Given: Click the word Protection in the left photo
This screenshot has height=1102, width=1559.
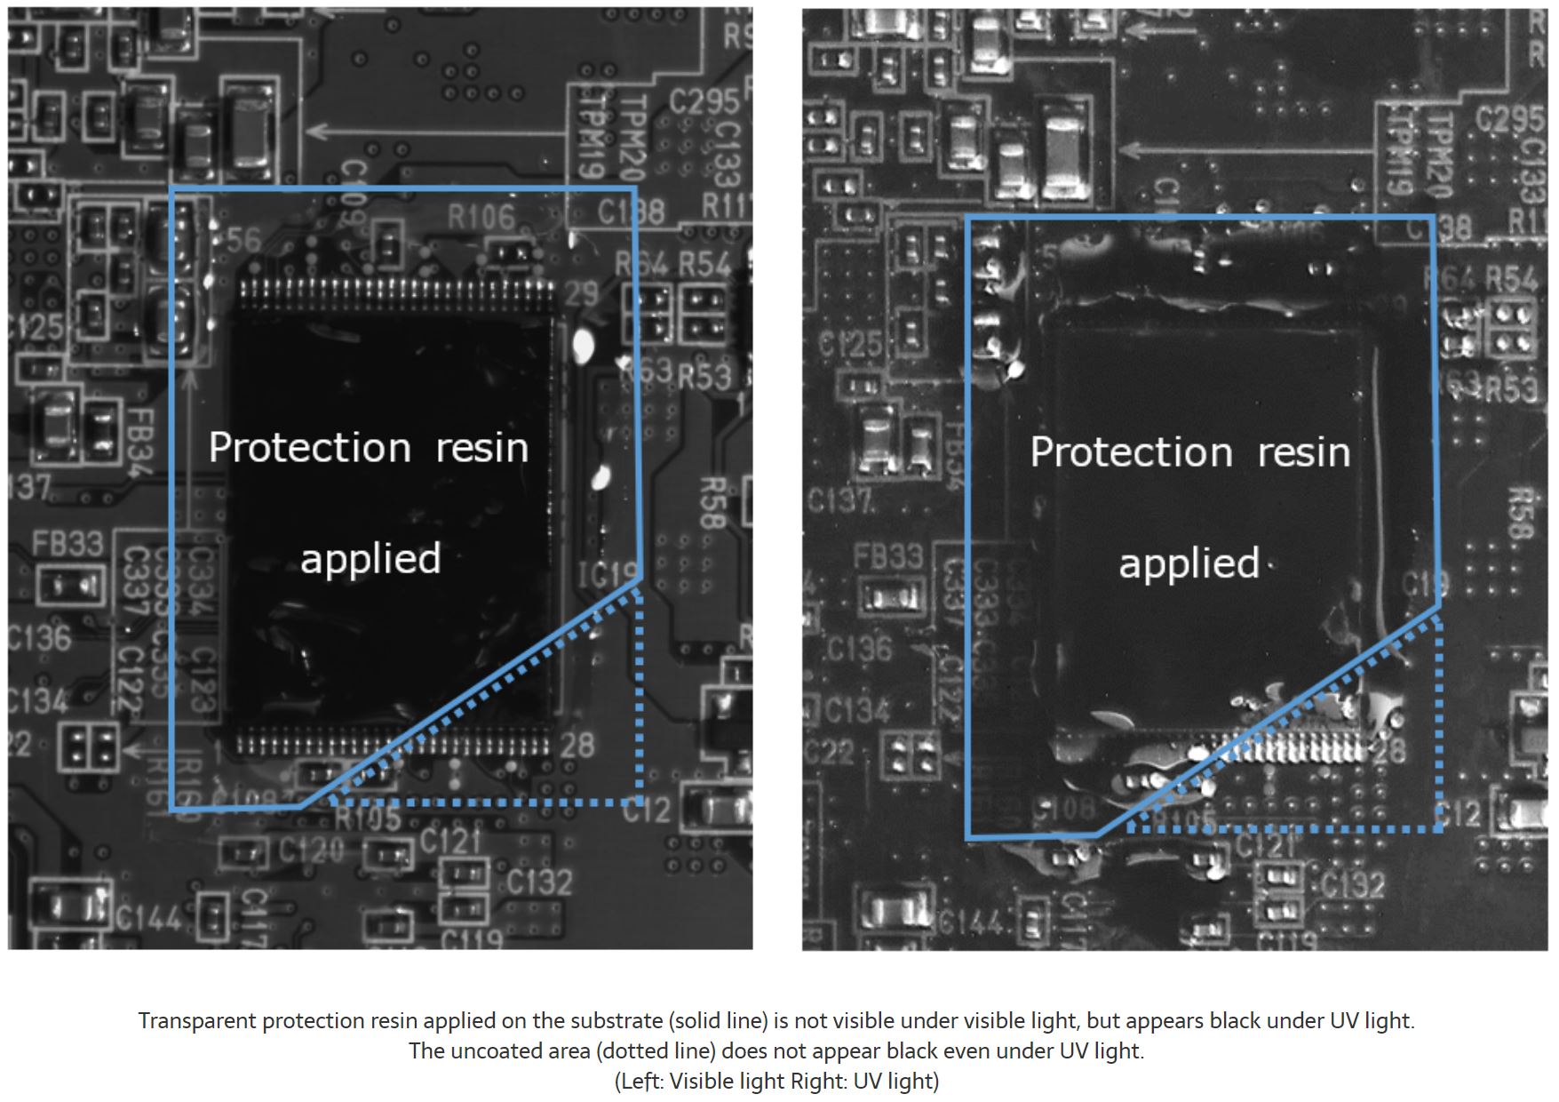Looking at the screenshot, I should click(309, 448).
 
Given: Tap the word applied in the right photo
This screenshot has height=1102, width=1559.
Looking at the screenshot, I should click(1189, 564).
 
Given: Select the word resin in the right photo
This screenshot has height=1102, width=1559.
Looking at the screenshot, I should click(1303, 452).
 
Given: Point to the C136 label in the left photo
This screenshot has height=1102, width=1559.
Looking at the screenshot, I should click(39, 638).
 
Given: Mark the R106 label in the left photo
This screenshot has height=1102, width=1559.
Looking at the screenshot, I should click(481, 216).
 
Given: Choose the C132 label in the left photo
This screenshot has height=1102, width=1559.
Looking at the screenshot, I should click(540, 882).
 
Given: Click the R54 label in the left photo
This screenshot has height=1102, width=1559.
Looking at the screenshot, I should click(704, 264).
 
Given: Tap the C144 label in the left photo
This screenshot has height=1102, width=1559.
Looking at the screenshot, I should click(149, 918).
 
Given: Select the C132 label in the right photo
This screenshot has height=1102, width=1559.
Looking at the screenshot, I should click(1352, 884).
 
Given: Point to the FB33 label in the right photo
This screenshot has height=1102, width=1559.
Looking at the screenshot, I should click(889, 557).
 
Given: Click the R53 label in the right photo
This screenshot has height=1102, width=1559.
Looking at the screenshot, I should click(1511, 389).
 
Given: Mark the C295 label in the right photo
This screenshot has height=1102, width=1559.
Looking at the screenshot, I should click(1509, 117).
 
